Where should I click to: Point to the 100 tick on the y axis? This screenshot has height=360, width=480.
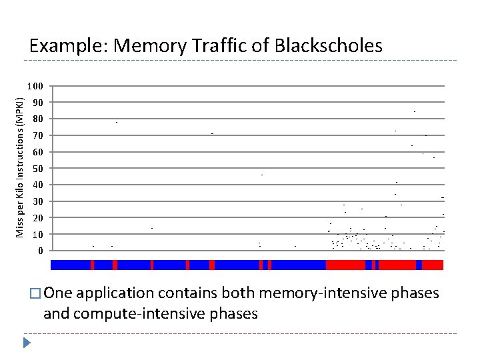(x=35, y=87)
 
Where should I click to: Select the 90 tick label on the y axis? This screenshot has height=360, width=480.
(x=37, y=103)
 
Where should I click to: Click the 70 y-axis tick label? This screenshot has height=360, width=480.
(x=37, y=136)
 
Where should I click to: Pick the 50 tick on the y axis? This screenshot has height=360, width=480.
(x=37, y=169)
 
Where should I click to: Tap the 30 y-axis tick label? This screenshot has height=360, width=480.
(x=37, y=201)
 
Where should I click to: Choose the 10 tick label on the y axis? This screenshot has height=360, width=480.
(x=37, y=235)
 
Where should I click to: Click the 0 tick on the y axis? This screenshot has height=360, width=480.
(x=40, y=251)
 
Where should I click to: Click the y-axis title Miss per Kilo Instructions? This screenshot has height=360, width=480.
(x=21, y=167)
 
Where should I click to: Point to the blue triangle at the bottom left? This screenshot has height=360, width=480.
(x=27, y=343)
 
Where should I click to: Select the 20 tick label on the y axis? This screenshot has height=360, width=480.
(x=37, y=218)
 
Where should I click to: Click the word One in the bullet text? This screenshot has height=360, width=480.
(x=59, y=293)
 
